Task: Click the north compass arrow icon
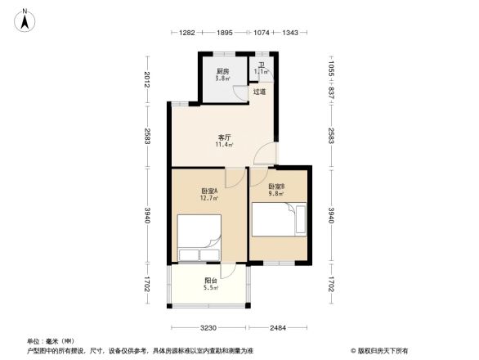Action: pos(26,19)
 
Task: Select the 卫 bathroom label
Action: pos(262,65)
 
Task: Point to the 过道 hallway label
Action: pos(259,92)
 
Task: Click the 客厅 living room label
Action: pos(223,137)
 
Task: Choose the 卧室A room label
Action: pos(208,191)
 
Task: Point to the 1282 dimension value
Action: pos(186,33)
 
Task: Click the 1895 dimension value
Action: pos(225,33)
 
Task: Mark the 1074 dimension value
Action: pos(262,33)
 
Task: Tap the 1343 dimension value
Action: pos(290,33)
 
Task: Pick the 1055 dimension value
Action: pos(330,70)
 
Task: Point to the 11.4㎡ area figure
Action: pos(223,146)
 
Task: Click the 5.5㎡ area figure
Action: pos(210,289)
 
